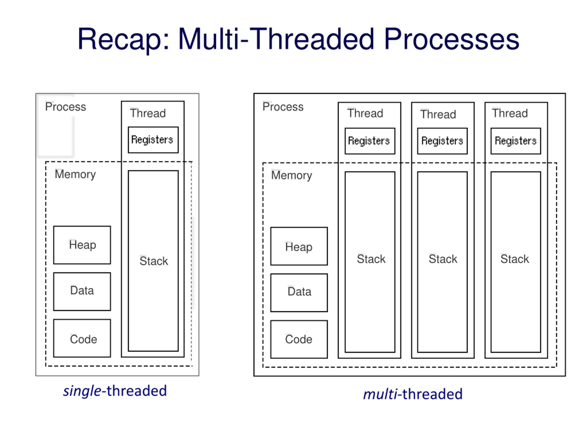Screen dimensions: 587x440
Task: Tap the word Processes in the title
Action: point(451,39)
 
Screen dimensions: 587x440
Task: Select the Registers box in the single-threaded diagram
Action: point(153,140)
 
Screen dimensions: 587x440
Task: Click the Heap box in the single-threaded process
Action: point(82,245)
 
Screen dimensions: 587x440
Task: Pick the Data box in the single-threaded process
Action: point(82,291)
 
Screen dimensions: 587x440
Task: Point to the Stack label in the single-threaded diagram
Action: point(154,261)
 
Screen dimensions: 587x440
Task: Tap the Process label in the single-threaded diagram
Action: point(66,107)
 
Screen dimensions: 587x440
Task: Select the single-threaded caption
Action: point(115,391)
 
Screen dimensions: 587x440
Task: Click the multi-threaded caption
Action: point(413,394)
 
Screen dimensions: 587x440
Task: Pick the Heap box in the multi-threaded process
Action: point(299,246)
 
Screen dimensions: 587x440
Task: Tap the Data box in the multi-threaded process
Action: point(299,293)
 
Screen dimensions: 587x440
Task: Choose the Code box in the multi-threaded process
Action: point(299,339)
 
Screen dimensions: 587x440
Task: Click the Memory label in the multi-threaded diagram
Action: point(292,176)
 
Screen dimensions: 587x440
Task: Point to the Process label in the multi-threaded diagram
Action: point(283,107)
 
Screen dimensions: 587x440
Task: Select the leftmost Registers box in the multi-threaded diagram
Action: point(370,141)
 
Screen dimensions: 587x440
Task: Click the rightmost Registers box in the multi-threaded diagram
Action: point(516,141)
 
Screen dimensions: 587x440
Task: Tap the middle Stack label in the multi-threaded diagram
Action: point(443,259)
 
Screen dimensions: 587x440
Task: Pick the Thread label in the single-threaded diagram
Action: point(148,113)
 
